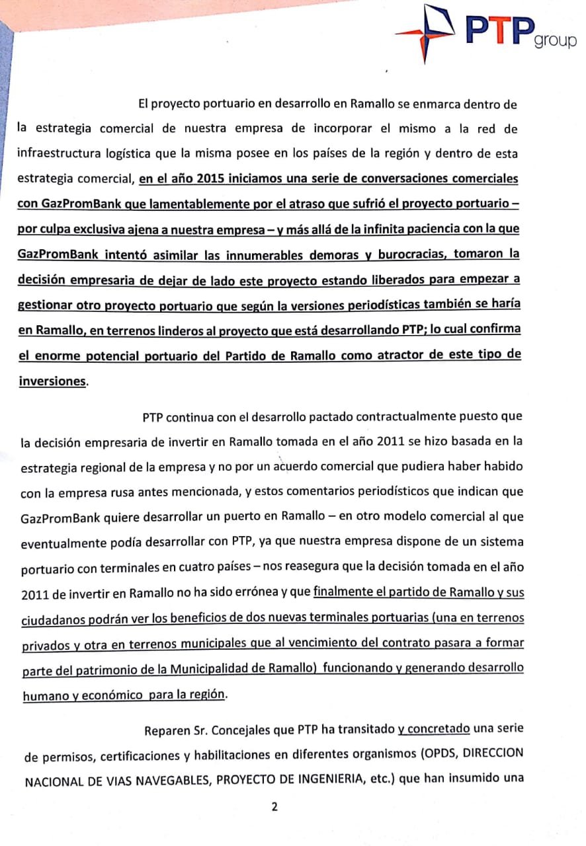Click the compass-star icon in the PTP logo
(x=429, y=29)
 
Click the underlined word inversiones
(x=52, y=381)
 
